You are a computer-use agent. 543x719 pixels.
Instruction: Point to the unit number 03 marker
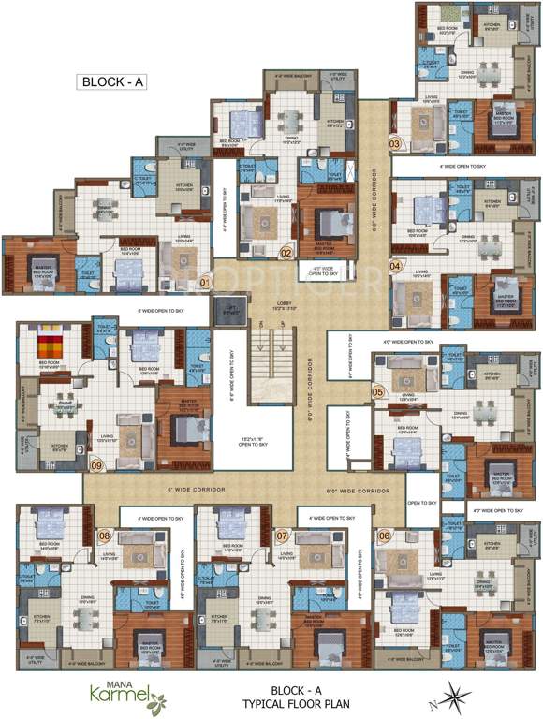coord(395,144)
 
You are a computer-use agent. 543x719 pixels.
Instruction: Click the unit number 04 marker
coord(395,266)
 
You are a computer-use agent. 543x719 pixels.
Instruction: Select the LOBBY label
coord(284,303)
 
